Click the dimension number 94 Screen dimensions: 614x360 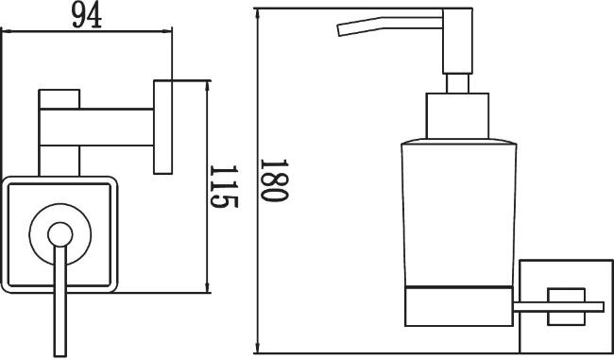point(87,16)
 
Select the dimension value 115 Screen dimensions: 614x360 point(224,186)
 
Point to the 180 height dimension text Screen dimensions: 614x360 point(274,180)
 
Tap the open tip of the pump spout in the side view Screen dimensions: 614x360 point(339,30)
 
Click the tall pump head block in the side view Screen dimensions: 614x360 point(457,42)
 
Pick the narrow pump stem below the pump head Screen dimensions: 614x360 point(457,83)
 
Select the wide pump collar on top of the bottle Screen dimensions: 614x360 point(457,116)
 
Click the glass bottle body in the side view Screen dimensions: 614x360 point(458,214)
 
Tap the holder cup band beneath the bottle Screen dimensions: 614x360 point(458,306)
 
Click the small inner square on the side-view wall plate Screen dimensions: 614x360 point(566,307)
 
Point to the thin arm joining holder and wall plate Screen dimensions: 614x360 point(558,307)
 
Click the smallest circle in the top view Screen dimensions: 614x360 point(60,234)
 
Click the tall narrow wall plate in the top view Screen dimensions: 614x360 point(162,128)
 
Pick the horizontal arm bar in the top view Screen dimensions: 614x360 point(96,128)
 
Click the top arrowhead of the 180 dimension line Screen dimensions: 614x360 point(257,13)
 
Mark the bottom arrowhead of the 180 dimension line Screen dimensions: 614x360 point(257,349)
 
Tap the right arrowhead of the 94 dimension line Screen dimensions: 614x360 point(167,31)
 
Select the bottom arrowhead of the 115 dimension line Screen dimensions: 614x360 point(208,288)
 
